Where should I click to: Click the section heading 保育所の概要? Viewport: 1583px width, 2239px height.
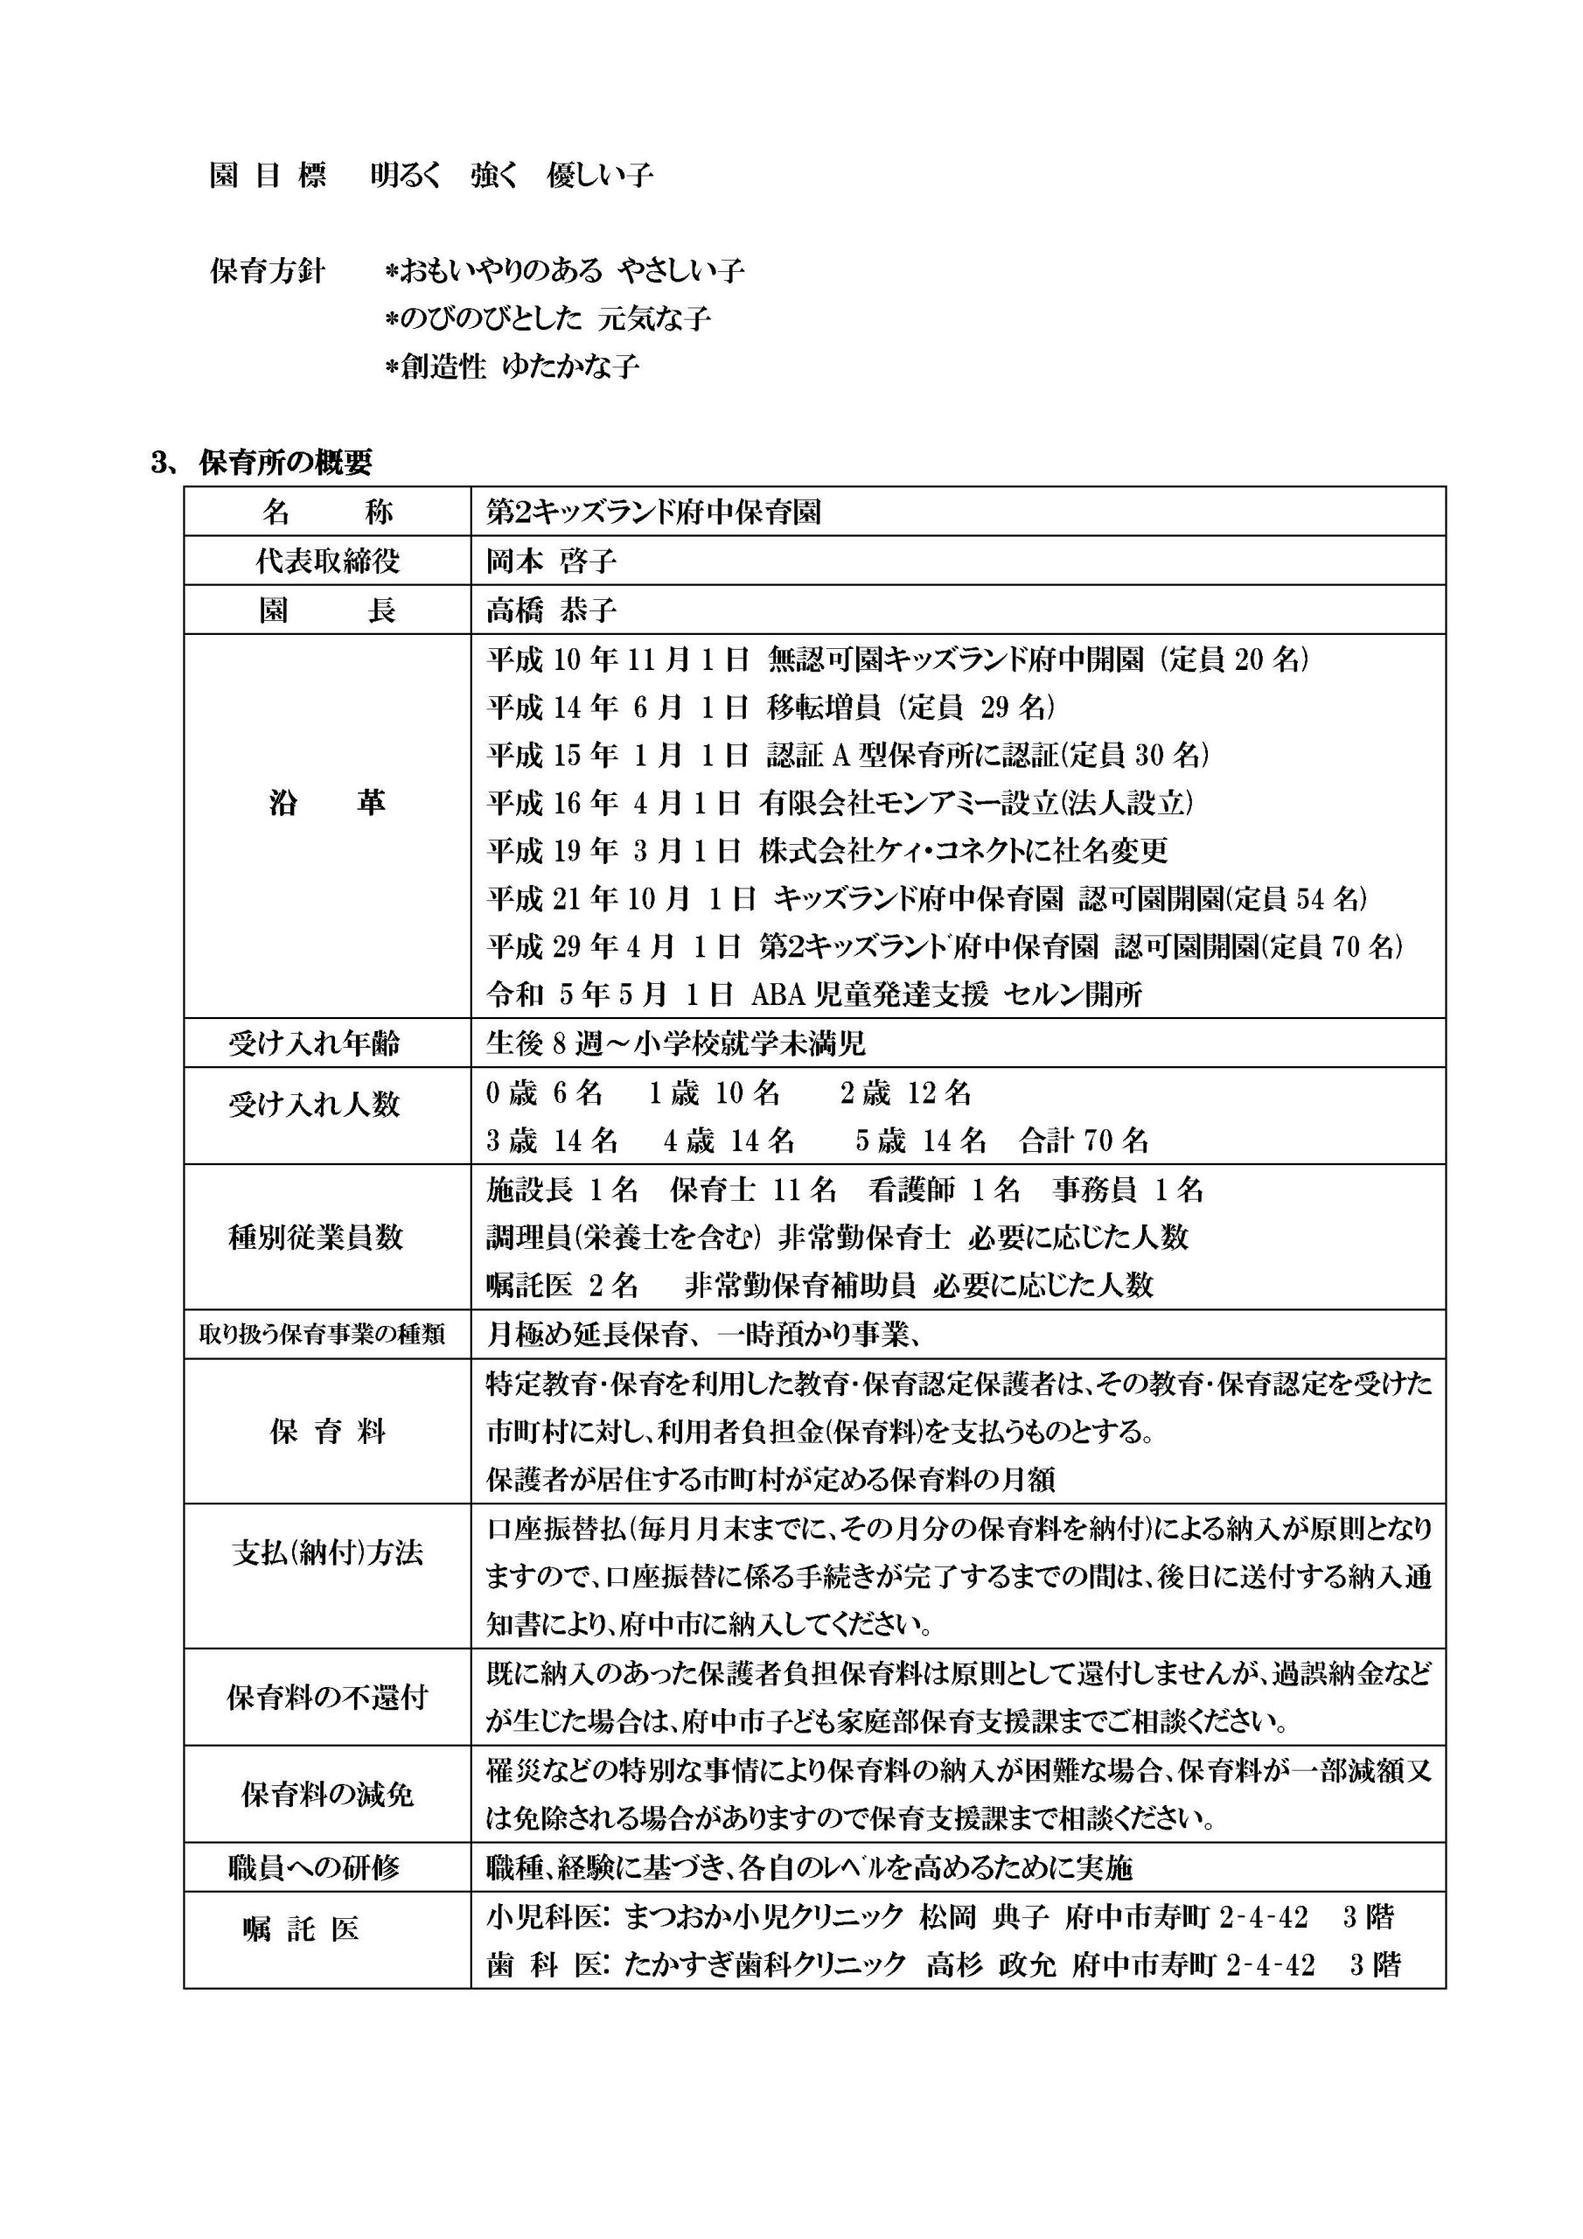(285, 464)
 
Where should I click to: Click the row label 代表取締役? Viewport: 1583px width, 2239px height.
(327, 561)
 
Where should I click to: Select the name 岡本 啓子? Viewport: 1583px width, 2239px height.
(551, 561)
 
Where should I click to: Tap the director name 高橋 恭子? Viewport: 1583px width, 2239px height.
(551, 610)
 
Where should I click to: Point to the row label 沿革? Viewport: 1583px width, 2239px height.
(327, 803)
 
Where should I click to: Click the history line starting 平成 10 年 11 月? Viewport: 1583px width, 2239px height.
(897, 660)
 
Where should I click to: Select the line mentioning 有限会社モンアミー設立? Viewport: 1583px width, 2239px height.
(840, 803)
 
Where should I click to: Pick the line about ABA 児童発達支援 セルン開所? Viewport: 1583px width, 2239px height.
(814, 994)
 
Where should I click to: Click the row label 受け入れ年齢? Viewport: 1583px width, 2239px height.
(313, 1043)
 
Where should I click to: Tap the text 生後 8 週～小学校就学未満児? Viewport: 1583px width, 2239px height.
(676, 1043)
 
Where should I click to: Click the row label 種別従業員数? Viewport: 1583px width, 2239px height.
(315, 1238)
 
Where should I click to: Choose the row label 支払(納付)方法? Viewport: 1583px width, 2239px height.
(327, 1553)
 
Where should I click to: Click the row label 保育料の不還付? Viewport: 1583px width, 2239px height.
(327, 1698)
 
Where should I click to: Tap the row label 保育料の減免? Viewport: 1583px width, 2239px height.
(327, 1795)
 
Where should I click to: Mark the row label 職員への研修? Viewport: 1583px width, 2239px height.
(313, 1867)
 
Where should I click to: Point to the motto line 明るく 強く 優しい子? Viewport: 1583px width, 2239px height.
(511, 176)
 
